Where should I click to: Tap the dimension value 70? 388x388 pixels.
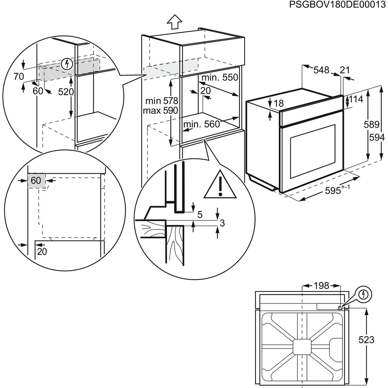(x=19, y=76)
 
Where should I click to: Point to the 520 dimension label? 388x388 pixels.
(x=66, y=92)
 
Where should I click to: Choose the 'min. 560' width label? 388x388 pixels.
(x=201, y=124)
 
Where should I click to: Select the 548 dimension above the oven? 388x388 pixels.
(x=321, y=70)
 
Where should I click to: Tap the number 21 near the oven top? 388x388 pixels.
(x=345, y=70)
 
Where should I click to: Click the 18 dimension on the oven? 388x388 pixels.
(x=279, y=103)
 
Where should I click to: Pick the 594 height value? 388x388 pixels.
(x=377, y=138)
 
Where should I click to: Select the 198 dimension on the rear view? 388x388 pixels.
(x=321, y=286)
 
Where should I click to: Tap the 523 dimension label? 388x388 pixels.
(x=366, y=340)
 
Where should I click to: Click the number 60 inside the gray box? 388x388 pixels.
(x=36, y=180)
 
